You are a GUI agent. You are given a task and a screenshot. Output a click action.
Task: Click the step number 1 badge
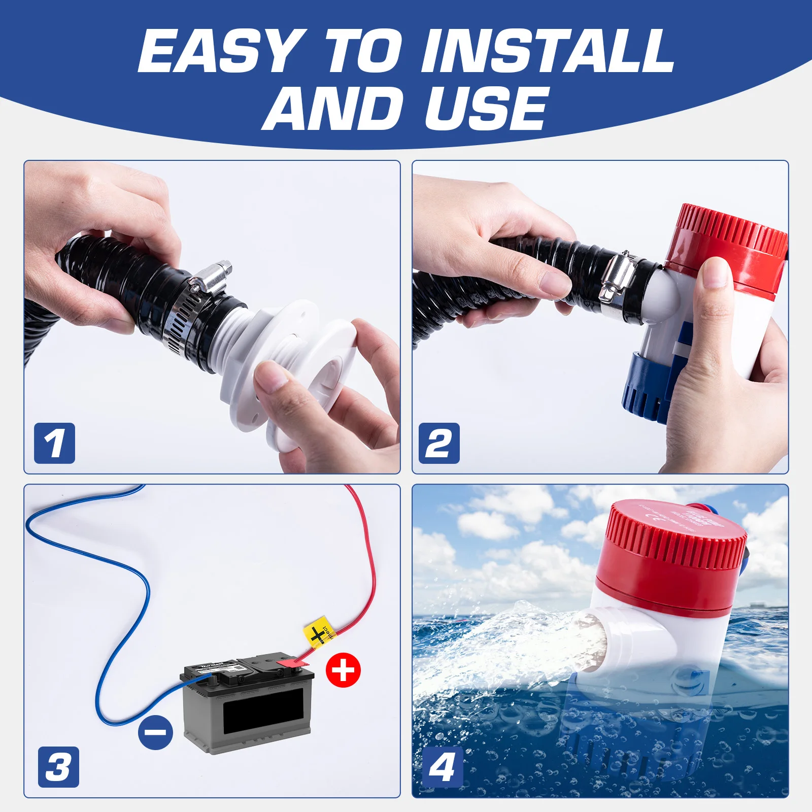(54, 443)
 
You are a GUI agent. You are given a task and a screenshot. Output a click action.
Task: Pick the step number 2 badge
(439, 443)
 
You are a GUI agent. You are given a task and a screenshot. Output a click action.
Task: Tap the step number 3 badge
(58, 767)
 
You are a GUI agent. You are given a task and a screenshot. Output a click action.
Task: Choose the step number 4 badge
(443, 767)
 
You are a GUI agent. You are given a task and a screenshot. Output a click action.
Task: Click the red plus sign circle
(343, 670)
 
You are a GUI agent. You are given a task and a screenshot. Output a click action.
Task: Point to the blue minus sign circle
(155, 732)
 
